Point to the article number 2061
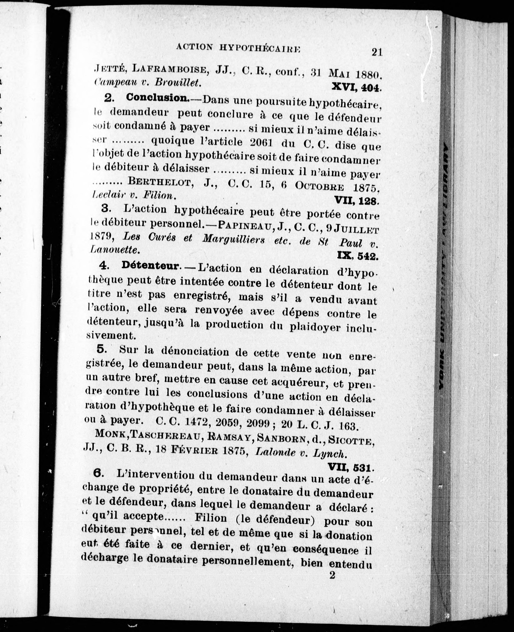pos(261,143)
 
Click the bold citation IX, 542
pos(358,255)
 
